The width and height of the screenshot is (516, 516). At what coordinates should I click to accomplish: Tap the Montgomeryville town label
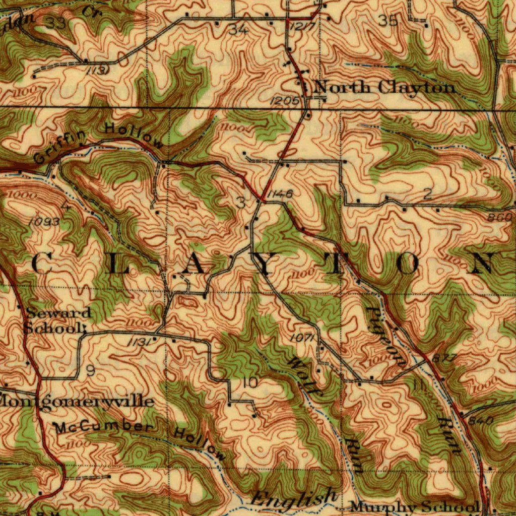pyautogui.click(x=77, y=401)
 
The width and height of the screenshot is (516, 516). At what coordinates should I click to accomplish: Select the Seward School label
pyautogui.click(x=57, y=320)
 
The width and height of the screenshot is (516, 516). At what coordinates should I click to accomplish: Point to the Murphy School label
pyautogui.click(x=414, y=506)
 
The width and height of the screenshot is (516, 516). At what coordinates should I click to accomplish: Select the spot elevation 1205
pyautogui.click(x=284, y=101)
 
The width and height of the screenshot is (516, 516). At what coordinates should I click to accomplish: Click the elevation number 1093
pyautogui.click(x=44, y=222)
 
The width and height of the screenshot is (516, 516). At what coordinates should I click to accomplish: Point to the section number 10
pyautogui.click(x=250, y=382)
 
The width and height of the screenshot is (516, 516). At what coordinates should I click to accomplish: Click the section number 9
pyautogui.click(x=90, y=371)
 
